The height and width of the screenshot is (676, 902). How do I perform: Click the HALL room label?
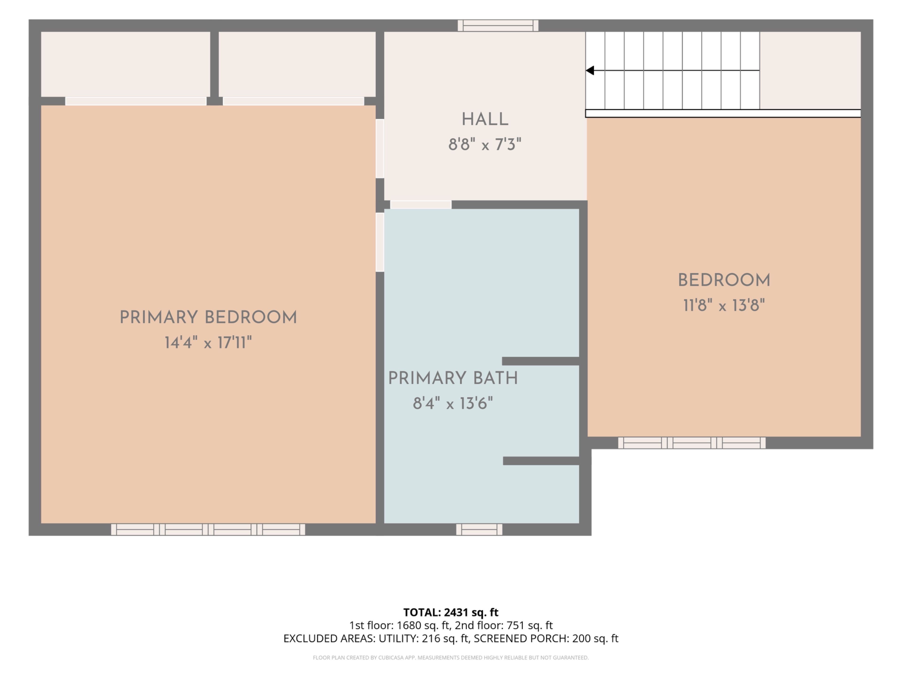pyautogui.click(x=485, y=120)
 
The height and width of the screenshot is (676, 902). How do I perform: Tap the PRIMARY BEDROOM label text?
pyautogui.click(x=208, y=317)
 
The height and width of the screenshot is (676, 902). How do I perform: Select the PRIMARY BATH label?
pyautogui.click(x=453, y=378)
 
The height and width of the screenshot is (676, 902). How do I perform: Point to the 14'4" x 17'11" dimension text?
pyautogui.click(x=208, y=343)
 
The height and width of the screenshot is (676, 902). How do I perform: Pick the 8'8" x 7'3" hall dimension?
pyautogui.click(x=485, y=145)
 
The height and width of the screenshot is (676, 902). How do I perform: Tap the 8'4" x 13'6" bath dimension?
pyautogui.click(x=453, y=403)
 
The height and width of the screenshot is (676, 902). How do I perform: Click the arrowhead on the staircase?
pyautogui.click(x=590, y=70)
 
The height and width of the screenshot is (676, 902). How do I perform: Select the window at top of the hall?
pyautogui.click(x=498, y=26)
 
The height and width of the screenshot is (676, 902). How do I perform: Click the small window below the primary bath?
pyautogui.click(x=479, y=529)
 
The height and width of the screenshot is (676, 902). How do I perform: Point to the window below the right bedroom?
pyautogui.click(x=692, y=443)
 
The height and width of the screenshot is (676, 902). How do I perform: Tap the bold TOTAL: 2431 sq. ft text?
pyautogui.click(x=451, y=612)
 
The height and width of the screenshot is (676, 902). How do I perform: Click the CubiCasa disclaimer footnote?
pyautogui.click(x=451, y=658)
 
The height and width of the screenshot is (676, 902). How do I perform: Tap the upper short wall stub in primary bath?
pyautogui.click(x=541, y=361)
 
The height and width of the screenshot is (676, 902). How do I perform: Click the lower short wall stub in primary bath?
pyautogui.click(x=541, y=461)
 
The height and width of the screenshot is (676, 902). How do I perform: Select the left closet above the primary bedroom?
pyautogui.click(x=126, y=64)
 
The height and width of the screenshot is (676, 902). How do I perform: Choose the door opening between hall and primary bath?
pyautogui.click(x=421, y=204)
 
